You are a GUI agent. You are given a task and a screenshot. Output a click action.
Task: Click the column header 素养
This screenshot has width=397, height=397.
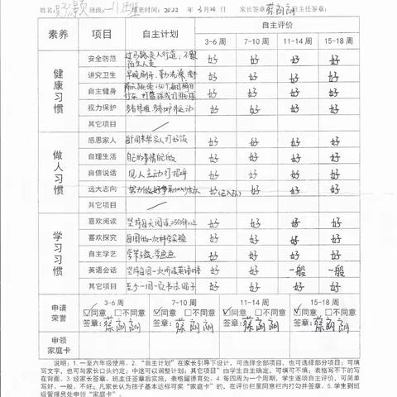[x=58, y=35]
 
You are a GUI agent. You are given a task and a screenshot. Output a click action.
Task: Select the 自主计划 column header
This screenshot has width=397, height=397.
[x=156, y=35]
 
